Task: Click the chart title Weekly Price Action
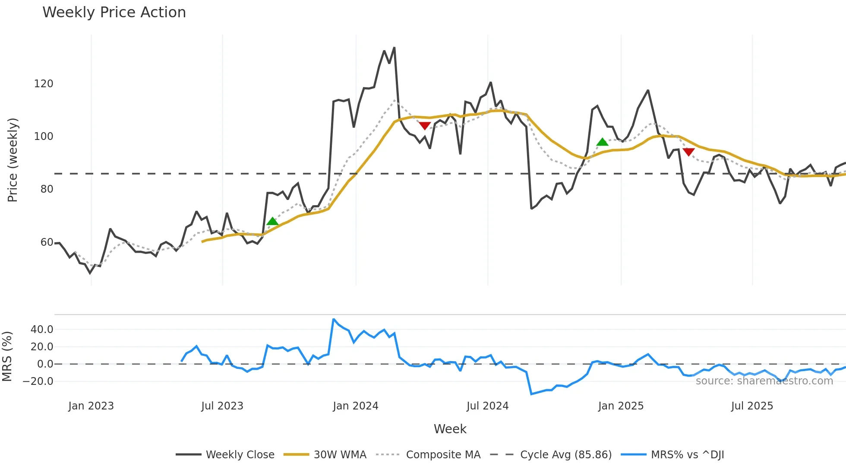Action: (x=114, y=13)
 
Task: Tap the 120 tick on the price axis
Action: (x=44, y=84)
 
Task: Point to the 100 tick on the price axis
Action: (x=44, y=136)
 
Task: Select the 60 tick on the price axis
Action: (x=47, y=242)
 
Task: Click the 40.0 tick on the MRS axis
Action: (x=42, y=330)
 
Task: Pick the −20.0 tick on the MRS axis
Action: (x=38, y=381)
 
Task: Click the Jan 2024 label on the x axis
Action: (x=355, y=406)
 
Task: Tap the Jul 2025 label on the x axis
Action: (x=752, y=406)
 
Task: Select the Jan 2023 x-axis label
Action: (x=91, y=406)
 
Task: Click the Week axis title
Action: (x=450, y=429)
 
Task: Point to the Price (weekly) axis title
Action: (x=13, y=160)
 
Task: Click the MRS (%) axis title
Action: (x=7, y=356)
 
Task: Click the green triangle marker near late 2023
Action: (x=272, y=222)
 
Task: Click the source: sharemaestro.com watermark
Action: (x=764, y=381)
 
